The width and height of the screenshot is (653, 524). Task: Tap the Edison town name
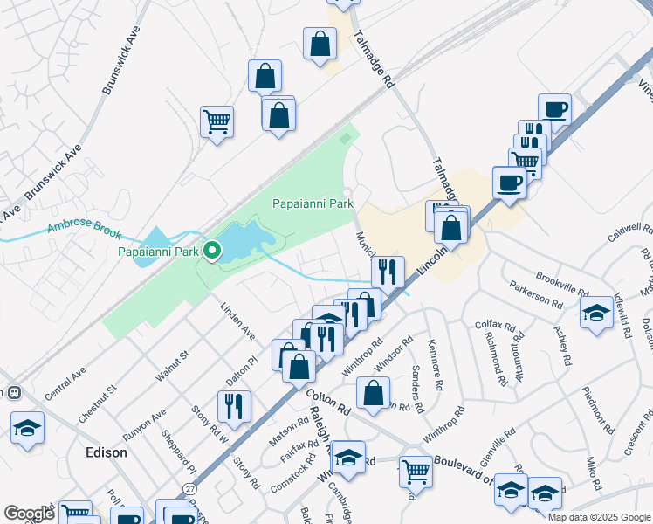pos(107,453)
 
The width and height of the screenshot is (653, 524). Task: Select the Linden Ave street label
pos(237,321)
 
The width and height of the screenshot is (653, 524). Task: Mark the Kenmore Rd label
pos(436,360)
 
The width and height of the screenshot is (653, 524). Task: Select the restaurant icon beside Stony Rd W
pos(234,404)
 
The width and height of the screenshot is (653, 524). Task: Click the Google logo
pos(29,514)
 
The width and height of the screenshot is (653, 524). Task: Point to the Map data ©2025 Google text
pos(598,517)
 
